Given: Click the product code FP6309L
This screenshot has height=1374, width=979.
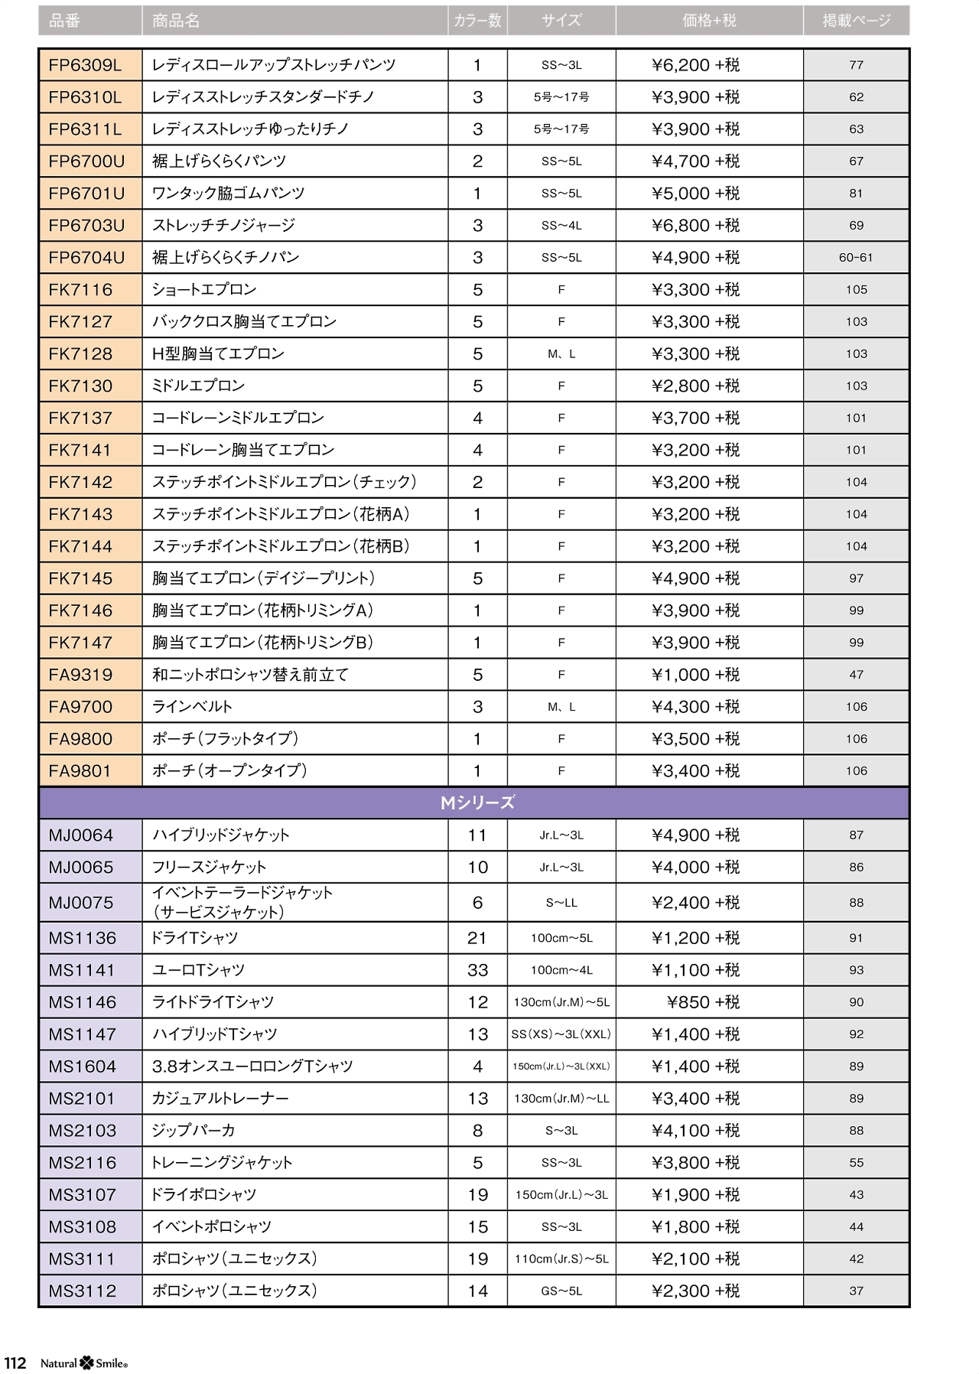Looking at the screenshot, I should [x=85, y=65].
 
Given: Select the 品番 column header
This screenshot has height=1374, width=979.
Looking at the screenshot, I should [x=64, y=21].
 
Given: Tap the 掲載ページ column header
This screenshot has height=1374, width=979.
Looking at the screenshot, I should [x=856, y=21].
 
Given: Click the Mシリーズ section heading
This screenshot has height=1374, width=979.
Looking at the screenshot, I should [x=477, y=803].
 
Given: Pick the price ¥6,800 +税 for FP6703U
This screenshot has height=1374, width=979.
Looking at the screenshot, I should [x=695, y=226].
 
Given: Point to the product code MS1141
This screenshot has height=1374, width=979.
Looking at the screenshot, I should [x=82, y=970].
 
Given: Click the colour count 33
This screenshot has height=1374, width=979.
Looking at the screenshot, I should [x=477, y=970].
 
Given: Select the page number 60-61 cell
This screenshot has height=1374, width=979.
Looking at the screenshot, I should [x=856, y=258].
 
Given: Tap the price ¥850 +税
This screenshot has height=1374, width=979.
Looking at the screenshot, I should [x=703, y=1002].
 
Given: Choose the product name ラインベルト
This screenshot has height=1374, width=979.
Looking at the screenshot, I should [x=192, y=707].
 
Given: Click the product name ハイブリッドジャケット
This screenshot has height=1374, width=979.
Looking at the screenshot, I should [x=220, y=835].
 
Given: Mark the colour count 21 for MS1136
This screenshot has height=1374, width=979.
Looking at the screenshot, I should [x=477, y=938].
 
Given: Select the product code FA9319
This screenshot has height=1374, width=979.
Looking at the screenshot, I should [x=80, y=675].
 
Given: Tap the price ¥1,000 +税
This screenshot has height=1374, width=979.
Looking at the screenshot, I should [x=695, y=675].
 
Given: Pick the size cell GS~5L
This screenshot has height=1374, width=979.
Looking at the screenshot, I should [x=561, y=1291].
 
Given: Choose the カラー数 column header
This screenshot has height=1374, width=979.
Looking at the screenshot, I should [x=477, y=21].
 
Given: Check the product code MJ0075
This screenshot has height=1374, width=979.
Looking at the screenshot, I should [x=80, y=903].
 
